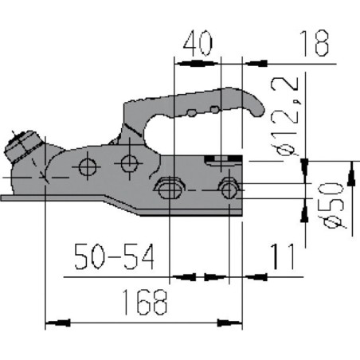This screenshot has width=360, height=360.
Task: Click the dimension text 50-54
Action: pyautogui.click(x=112, y=256)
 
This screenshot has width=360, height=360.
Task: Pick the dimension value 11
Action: pyautogui.click(x=283, y=256)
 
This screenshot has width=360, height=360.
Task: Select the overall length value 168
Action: pyautogui.click(x=145, y=302)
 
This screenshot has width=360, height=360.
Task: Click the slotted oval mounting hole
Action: pyautogui.click(x=168, y=188)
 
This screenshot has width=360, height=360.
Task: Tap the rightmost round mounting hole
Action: pyautogui.click(x=229, y=189)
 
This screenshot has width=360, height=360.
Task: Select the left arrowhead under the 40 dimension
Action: pyautogui.click(x=178, y=61)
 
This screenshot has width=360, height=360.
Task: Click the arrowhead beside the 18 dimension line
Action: pyautogui.click(x=250, y=61)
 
